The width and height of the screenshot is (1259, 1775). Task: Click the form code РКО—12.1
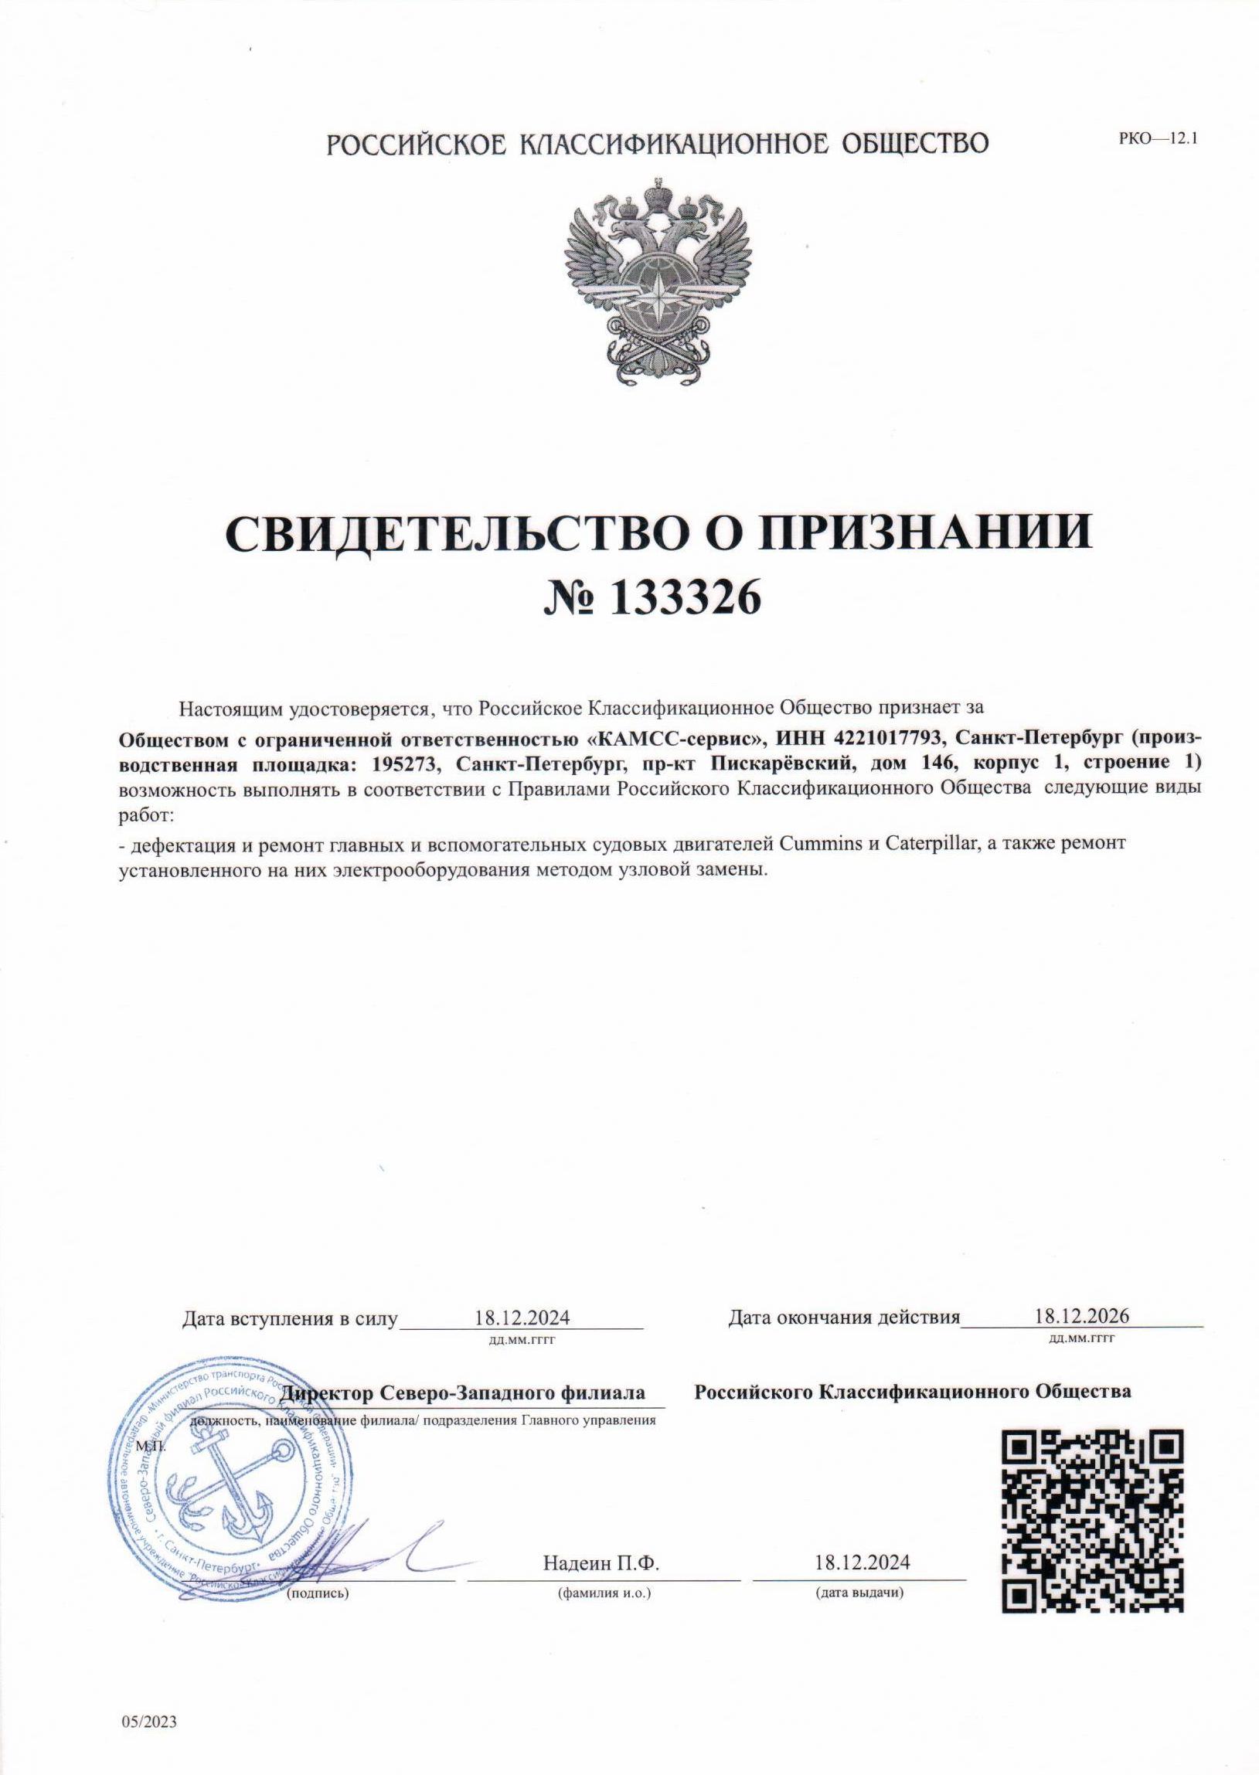point(1159,141)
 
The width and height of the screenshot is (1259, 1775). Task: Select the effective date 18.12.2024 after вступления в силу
point(522,1317)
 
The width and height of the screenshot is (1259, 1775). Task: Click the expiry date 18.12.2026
point(1081,1315)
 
